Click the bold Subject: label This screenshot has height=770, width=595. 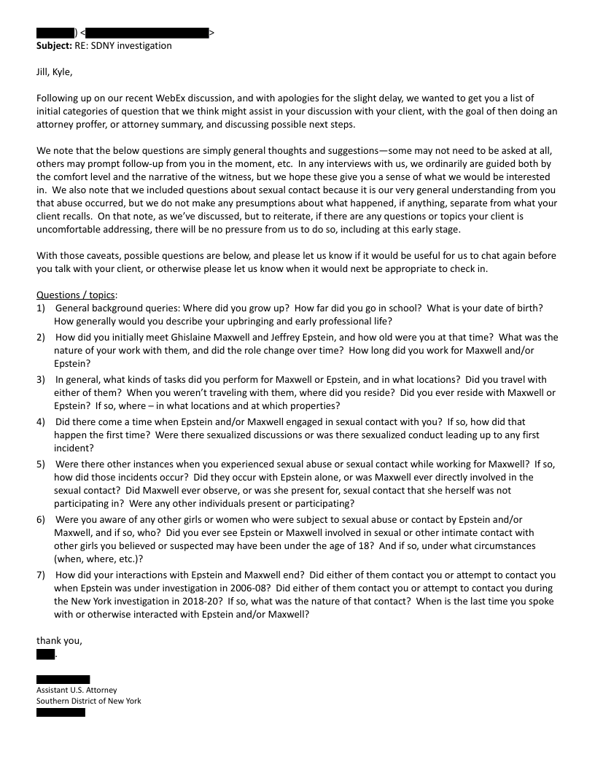[53, 46]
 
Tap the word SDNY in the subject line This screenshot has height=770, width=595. [98, 46]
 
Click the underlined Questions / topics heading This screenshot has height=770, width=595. [77, 295]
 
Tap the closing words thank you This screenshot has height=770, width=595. [59, 641]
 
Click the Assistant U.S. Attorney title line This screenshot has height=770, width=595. [77, 690]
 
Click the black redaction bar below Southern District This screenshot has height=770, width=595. [61, 712]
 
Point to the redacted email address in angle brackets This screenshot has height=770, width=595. [148, 33]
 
